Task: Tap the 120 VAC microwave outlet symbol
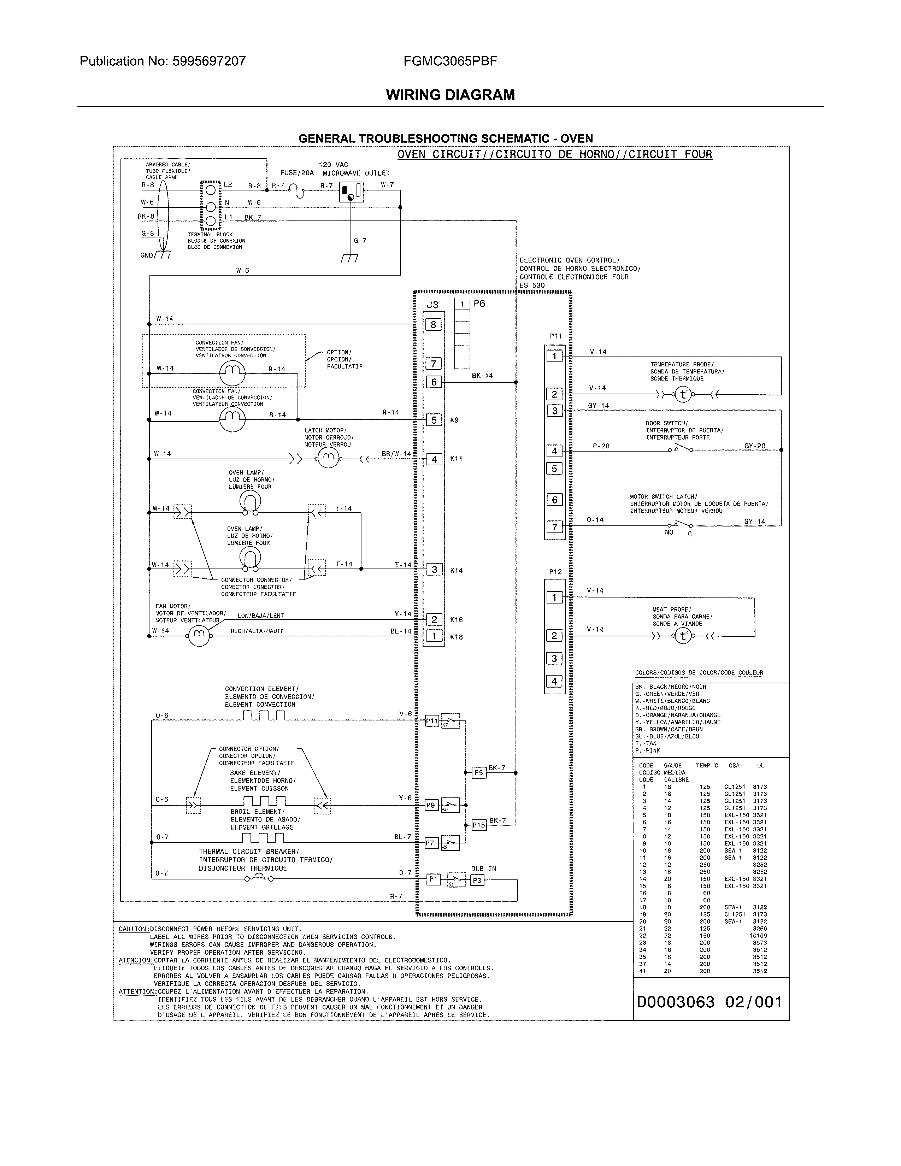pos(351,192)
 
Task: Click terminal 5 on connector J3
pos(434,420)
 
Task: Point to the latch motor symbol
pos(328,458)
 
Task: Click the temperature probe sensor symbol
pos(683,395)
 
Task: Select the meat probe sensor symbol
pos(683,636)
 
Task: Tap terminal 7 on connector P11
pos(555,527)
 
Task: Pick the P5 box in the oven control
pos(479,772)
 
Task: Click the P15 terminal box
pos(479,825)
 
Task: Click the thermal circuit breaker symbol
pos(259,878)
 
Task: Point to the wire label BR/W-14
pos(396,454)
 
